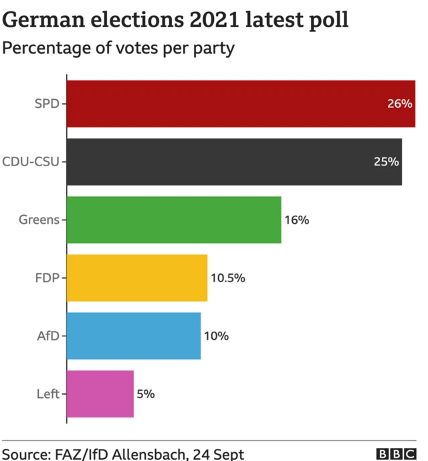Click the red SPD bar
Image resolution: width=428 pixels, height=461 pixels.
coord(241,104)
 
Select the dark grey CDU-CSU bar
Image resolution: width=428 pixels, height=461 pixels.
coord(234,161)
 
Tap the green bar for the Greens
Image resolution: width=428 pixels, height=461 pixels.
coord(174,220)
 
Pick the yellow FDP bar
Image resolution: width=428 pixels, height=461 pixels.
coord(137,277)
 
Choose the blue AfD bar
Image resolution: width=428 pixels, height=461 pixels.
coord(134,336)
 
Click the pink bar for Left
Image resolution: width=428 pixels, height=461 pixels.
coord(100,394)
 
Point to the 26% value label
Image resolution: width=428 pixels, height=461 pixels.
coord(399,104)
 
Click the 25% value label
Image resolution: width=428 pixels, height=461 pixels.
coord(386,161)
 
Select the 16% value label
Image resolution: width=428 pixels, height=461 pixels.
coord(296,220)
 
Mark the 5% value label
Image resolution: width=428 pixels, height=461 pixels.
coord(146,394)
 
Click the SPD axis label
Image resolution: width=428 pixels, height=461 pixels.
coord(47,104)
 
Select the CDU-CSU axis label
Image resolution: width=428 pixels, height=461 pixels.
coord(31,161)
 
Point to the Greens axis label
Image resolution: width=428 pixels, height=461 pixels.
coord(39,220)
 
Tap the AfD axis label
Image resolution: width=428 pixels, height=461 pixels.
coord(48,336)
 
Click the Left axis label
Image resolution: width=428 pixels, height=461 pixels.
coord(49,394)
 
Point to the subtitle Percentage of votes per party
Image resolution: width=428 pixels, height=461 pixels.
coord(119,49)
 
